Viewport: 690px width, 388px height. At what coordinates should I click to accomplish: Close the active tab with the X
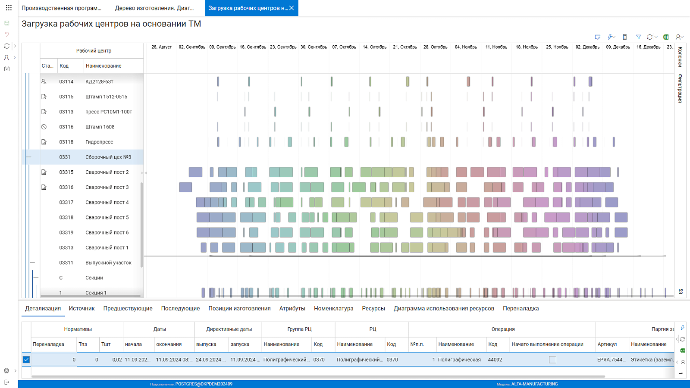pos(292,8)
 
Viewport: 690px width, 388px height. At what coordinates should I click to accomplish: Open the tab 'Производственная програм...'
pos(61,8)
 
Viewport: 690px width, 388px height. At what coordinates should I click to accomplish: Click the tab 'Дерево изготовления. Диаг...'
pos(154,8)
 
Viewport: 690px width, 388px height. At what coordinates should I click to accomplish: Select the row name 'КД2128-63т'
pos(99,81)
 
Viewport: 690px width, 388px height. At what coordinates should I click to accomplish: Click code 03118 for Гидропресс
pos(66,142)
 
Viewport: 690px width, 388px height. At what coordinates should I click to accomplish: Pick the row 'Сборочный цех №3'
pos(108,157)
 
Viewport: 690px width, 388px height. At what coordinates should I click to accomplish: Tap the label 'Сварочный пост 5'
pos(107,217)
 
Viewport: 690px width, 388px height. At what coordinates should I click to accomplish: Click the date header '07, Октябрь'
pos(344,47)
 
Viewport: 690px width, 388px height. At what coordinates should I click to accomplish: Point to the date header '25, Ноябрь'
pos(557,47)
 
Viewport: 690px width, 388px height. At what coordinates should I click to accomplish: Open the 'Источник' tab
pos(82,309)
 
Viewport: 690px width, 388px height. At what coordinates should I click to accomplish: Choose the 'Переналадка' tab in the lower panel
pos(521,309)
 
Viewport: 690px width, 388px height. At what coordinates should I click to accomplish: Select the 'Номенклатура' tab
pos(334,309)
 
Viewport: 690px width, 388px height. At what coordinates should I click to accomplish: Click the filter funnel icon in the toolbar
pos(639,37)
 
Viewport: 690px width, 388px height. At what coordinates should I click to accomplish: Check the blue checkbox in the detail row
pos(26,360)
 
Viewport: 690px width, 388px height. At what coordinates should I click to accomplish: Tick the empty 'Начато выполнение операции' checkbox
pos(552,360)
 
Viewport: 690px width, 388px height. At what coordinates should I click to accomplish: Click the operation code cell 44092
pos(495,360)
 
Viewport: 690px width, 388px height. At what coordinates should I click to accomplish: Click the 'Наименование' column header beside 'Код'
pos(103,66)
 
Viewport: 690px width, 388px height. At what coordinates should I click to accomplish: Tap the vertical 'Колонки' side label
pos(680,56)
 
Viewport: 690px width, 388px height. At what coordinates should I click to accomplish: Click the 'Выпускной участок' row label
pos(108,263)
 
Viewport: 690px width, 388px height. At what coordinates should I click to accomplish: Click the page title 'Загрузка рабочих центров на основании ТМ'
pos(111,24)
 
